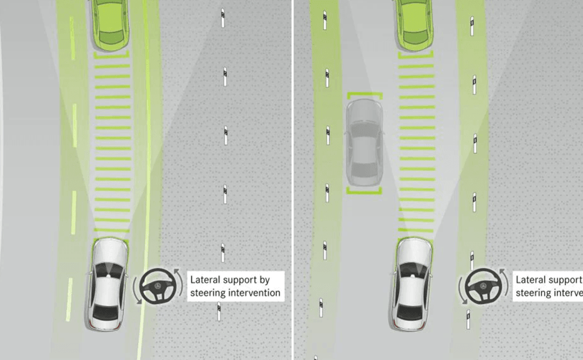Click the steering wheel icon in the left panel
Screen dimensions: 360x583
(157, 286)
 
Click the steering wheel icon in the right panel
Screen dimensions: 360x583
(481, 286)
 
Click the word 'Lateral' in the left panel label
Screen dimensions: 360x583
(205, 280)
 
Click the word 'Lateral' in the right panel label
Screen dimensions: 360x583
(531, 280)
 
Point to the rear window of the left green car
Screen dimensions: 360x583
(111, 39)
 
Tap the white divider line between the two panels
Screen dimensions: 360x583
(293, 180)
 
